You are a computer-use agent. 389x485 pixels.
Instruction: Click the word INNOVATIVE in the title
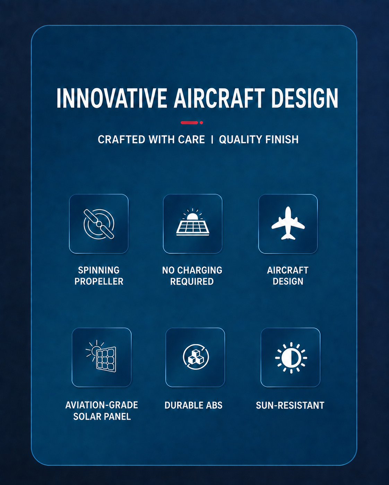pyautogui.click(x=112, y=98)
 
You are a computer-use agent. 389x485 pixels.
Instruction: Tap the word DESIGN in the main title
pyautogui.click(x=305, y=98)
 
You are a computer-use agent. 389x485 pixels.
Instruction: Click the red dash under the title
pyautogui.click(x=189, y=122)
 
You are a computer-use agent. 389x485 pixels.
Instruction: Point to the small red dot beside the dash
pyautogui.click(x=201, y=122)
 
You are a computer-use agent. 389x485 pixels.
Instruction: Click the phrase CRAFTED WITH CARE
pyautogui.click(x=152, y=139)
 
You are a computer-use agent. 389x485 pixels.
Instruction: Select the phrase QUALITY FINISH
pyautogui.click(x=259, y=139)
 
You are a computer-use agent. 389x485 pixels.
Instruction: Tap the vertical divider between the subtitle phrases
pyautogui.click(x=212, y=139)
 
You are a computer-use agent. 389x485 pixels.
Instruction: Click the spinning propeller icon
pyautogui.click(x=99, y=224)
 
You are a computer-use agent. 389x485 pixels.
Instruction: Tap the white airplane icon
pyautogui.click(x=288, y=223)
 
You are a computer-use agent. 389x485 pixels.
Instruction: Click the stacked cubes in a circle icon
pyautogui.click(x=196, y=357)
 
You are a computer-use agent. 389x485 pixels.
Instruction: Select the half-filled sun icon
pyautogui.click(x=291, y=358)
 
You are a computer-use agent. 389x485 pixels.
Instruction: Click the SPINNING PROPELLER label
pyautogui.click(x=99, y=276)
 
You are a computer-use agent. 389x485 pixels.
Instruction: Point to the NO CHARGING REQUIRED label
pyautogui.click(x=192, y=276)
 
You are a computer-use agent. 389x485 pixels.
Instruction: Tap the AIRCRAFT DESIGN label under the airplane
pyautogui.click(x=288, y=276)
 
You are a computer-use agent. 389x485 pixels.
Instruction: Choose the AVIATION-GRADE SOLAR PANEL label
pyautogui.click(x=102, y=411)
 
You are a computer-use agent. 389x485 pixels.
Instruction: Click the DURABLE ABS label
pyautogui.click(x=193, y=405)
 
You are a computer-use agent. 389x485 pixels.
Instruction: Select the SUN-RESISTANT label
pyautogui.click(x=290, y=405)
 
